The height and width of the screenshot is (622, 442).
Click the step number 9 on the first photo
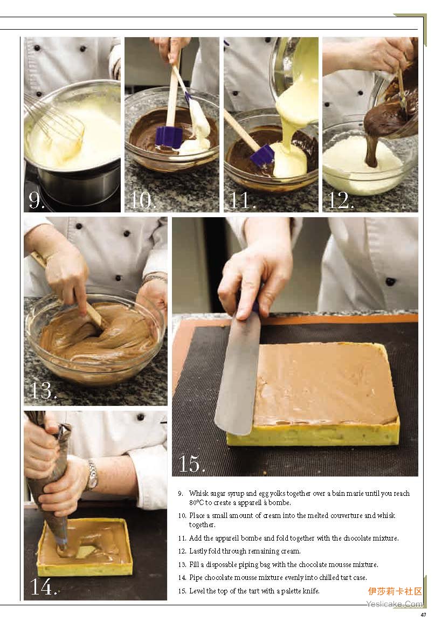point(36,201)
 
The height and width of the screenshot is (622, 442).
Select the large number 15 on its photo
point(192,464)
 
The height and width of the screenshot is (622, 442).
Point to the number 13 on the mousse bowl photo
point(44,390)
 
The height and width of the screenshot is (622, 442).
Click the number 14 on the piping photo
point(44,587)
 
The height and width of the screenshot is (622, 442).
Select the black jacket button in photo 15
point(390,282)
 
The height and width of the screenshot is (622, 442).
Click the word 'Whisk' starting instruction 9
point(197,494)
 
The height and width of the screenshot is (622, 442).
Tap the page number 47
point(423,615)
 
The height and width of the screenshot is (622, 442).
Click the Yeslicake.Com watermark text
point(395,604)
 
